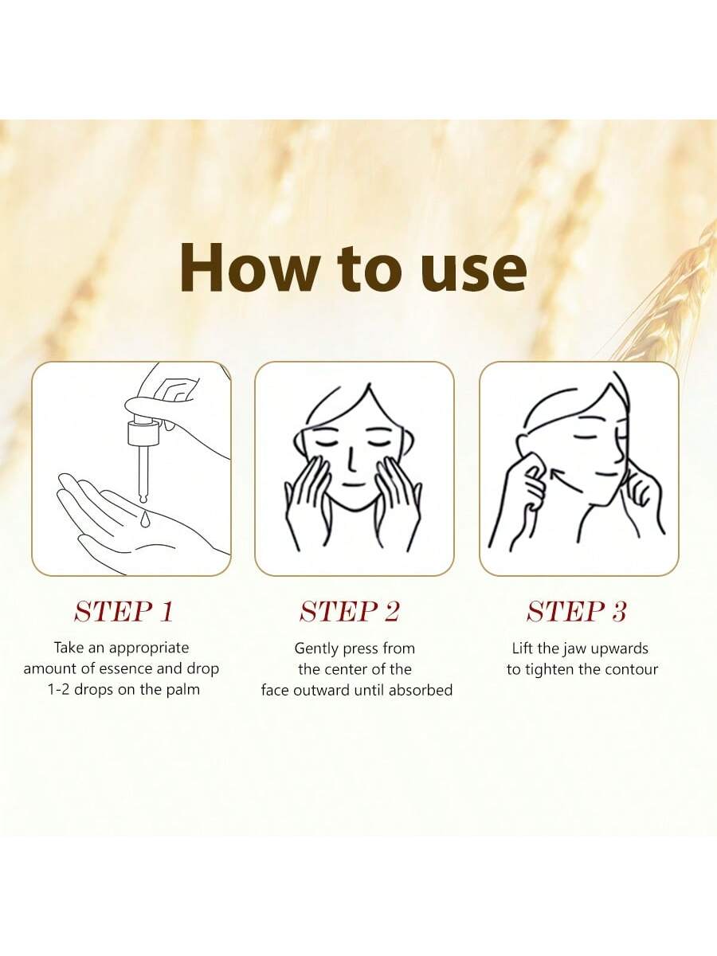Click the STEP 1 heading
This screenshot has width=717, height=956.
(124, 612)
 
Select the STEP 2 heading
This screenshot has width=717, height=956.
(350, 612)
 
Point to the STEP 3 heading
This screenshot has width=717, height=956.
(576, 612)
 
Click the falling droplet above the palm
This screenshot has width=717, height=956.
(145, 519)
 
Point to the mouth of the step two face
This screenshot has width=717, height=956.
(353, 484)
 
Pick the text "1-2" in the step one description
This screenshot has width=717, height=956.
(59, 691)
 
